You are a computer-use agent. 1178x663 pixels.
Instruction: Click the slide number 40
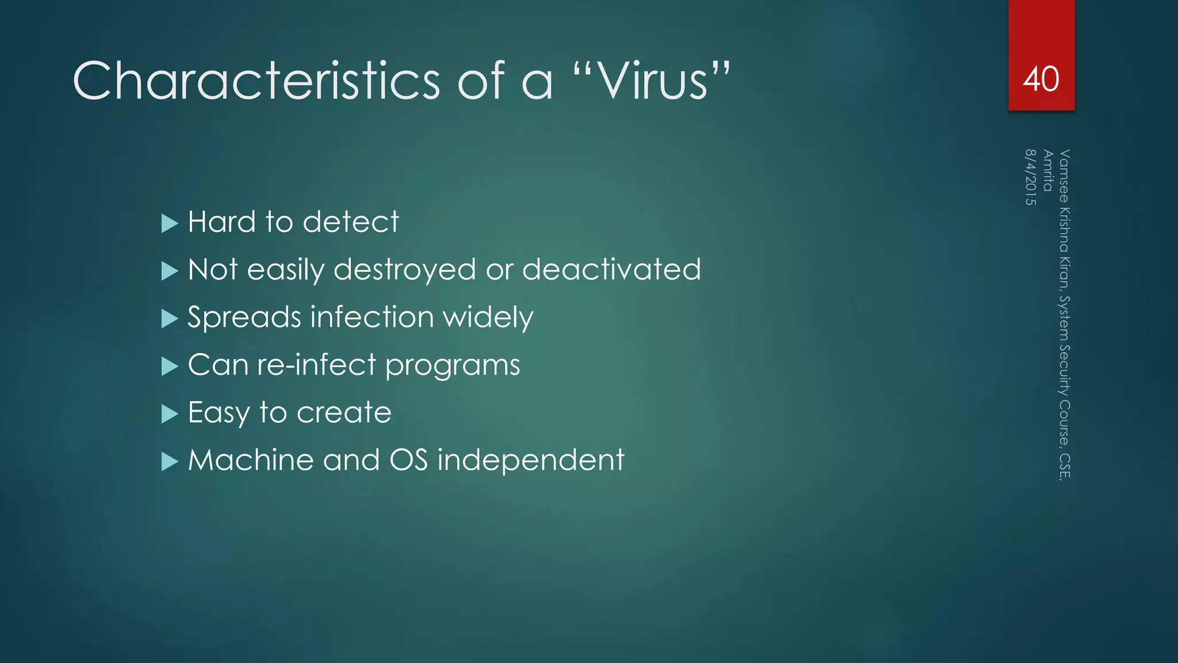1041,79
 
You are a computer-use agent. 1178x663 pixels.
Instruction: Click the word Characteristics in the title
257,81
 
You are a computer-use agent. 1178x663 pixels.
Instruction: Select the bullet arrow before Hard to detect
170,223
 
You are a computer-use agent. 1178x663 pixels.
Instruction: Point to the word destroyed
405,270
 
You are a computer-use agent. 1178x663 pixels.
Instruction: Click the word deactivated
611,269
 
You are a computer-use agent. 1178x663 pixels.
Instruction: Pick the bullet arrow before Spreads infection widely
170,318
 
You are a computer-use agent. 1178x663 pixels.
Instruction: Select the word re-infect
316,365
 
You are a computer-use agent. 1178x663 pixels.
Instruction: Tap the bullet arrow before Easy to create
170,414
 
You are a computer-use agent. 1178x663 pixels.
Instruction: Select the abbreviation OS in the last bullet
408,460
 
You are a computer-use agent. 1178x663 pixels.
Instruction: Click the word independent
530,460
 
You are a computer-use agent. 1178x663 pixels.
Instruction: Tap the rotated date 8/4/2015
1030,177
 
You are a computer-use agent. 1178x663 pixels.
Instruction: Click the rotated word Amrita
1047,170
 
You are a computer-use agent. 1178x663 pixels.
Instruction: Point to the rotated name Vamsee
1064,176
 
